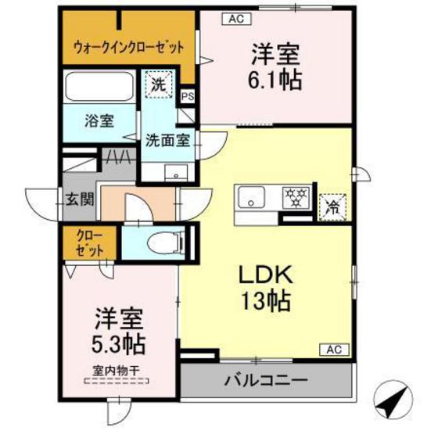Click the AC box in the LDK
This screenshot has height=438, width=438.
click(x=332, y=349)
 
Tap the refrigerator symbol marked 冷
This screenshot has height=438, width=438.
click(x=332, y=206)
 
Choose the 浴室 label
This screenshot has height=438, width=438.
click(x=99, y=120)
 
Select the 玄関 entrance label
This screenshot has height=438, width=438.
click(x=79, y=199)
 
